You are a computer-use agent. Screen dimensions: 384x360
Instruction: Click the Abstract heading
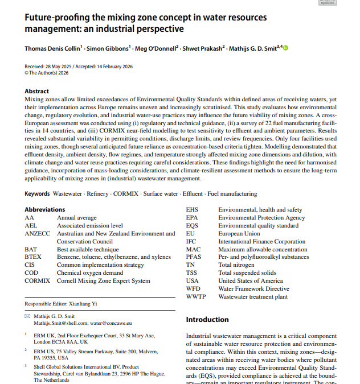click(36, 91)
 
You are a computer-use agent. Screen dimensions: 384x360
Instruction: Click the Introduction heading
click(207, 320)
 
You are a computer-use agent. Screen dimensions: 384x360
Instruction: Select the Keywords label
click(37, 194)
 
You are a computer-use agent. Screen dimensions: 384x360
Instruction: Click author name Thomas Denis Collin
click(51, 48)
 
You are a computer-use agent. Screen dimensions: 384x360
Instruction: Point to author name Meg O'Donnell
click(156, 48)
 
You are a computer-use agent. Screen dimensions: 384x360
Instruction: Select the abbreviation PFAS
click(194, 257)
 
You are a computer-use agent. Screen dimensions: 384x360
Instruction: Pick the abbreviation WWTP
click(196, 297)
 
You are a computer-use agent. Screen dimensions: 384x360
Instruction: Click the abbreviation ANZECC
click(38, 234)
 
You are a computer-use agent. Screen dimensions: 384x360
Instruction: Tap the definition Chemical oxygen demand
click(89, 273)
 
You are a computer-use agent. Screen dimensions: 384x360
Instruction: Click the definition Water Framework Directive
click(253, 289)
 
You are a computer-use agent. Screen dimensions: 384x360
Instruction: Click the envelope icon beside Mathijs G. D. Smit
click(28, 316)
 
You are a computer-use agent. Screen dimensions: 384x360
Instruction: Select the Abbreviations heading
click(44, 210)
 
